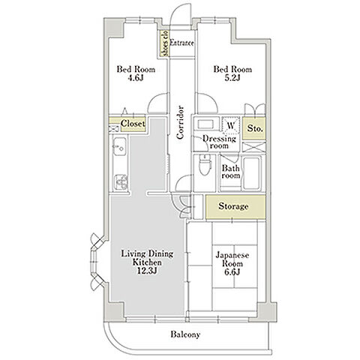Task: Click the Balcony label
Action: pos(185,334)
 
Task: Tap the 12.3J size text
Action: pos(147,271)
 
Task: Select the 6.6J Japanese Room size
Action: pos(232,271)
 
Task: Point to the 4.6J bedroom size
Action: pos(136,78)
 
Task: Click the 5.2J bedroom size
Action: pos(232,78)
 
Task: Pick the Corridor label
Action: pos(180,122)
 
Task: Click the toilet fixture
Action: pos(205,165)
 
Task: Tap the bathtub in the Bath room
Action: pos(252,172)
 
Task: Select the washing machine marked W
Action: pos(231,126)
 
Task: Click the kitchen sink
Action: pos(119,147)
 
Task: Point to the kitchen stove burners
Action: pos(121,182)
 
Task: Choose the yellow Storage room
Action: pos(235,207)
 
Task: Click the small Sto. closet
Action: pos(254,128)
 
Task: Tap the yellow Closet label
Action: pos(133,124)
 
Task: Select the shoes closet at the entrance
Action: pos(164,43)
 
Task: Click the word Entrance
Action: pos(181,43)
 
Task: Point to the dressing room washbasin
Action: pos(205,124)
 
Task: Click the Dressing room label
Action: pos(219,142)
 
